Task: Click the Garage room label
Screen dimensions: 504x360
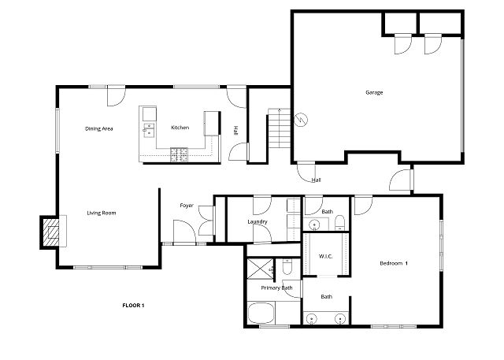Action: (x=374, y=93)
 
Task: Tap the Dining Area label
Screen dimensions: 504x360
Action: (x=99, y=128)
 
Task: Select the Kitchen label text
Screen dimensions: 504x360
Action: (x=180, y=128)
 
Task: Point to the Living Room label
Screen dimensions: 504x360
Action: (x=102, y=213)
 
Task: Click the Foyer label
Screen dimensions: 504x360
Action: (x=187, y=206)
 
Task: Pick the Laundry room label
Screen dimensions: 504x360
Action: (x=258, y=222)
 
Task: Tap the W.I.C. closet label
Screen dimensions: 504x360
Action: (x=325, y=256)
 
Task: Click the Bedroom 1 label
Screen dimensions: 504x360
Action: (x=394, y=263)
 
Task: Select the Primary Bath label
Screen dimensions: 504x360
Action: (x=276, y=288)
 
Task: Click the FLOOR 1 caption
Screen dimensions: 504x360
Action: (x=133, y=306)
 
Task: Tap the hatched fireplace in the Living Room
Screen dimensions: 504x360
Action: (x=51, y=232)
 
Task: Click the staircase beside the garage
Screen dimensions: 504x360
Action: (x=280, y=128)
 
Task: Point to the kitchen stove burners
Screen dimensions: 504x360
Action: (x=179, y=154)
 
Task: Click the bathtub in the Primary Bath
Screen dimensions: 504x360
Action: (x=261, y=313)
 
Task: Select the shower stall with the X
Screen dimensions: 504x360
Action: (x=260, y=269)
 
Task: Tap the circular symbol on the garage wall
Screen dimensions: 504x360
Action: (x=301, y=120)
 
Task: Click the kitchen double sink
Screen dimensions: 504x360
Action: (x=149, y=130)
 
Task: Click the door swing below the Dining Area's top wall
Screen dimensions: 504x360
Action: (x=116, y=96)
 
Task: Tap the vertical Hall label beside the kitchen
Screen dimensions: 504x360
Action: (x=235, y=130)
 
